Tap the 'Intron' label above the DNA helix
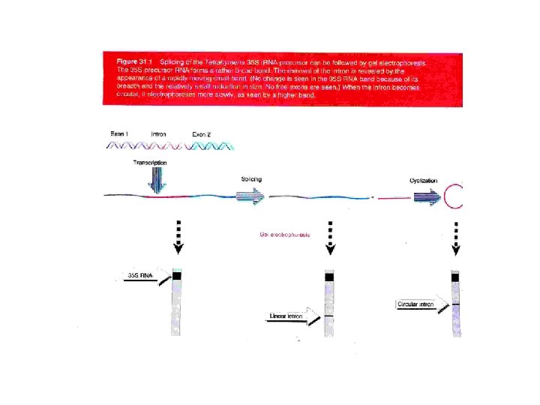click(159, 133)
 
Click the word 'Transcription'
click(150, 162)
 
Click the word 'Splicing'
click(251, 178)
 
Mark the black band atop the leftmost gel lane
click(177, 276)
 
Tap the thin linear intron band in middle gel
click(329, 317)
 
